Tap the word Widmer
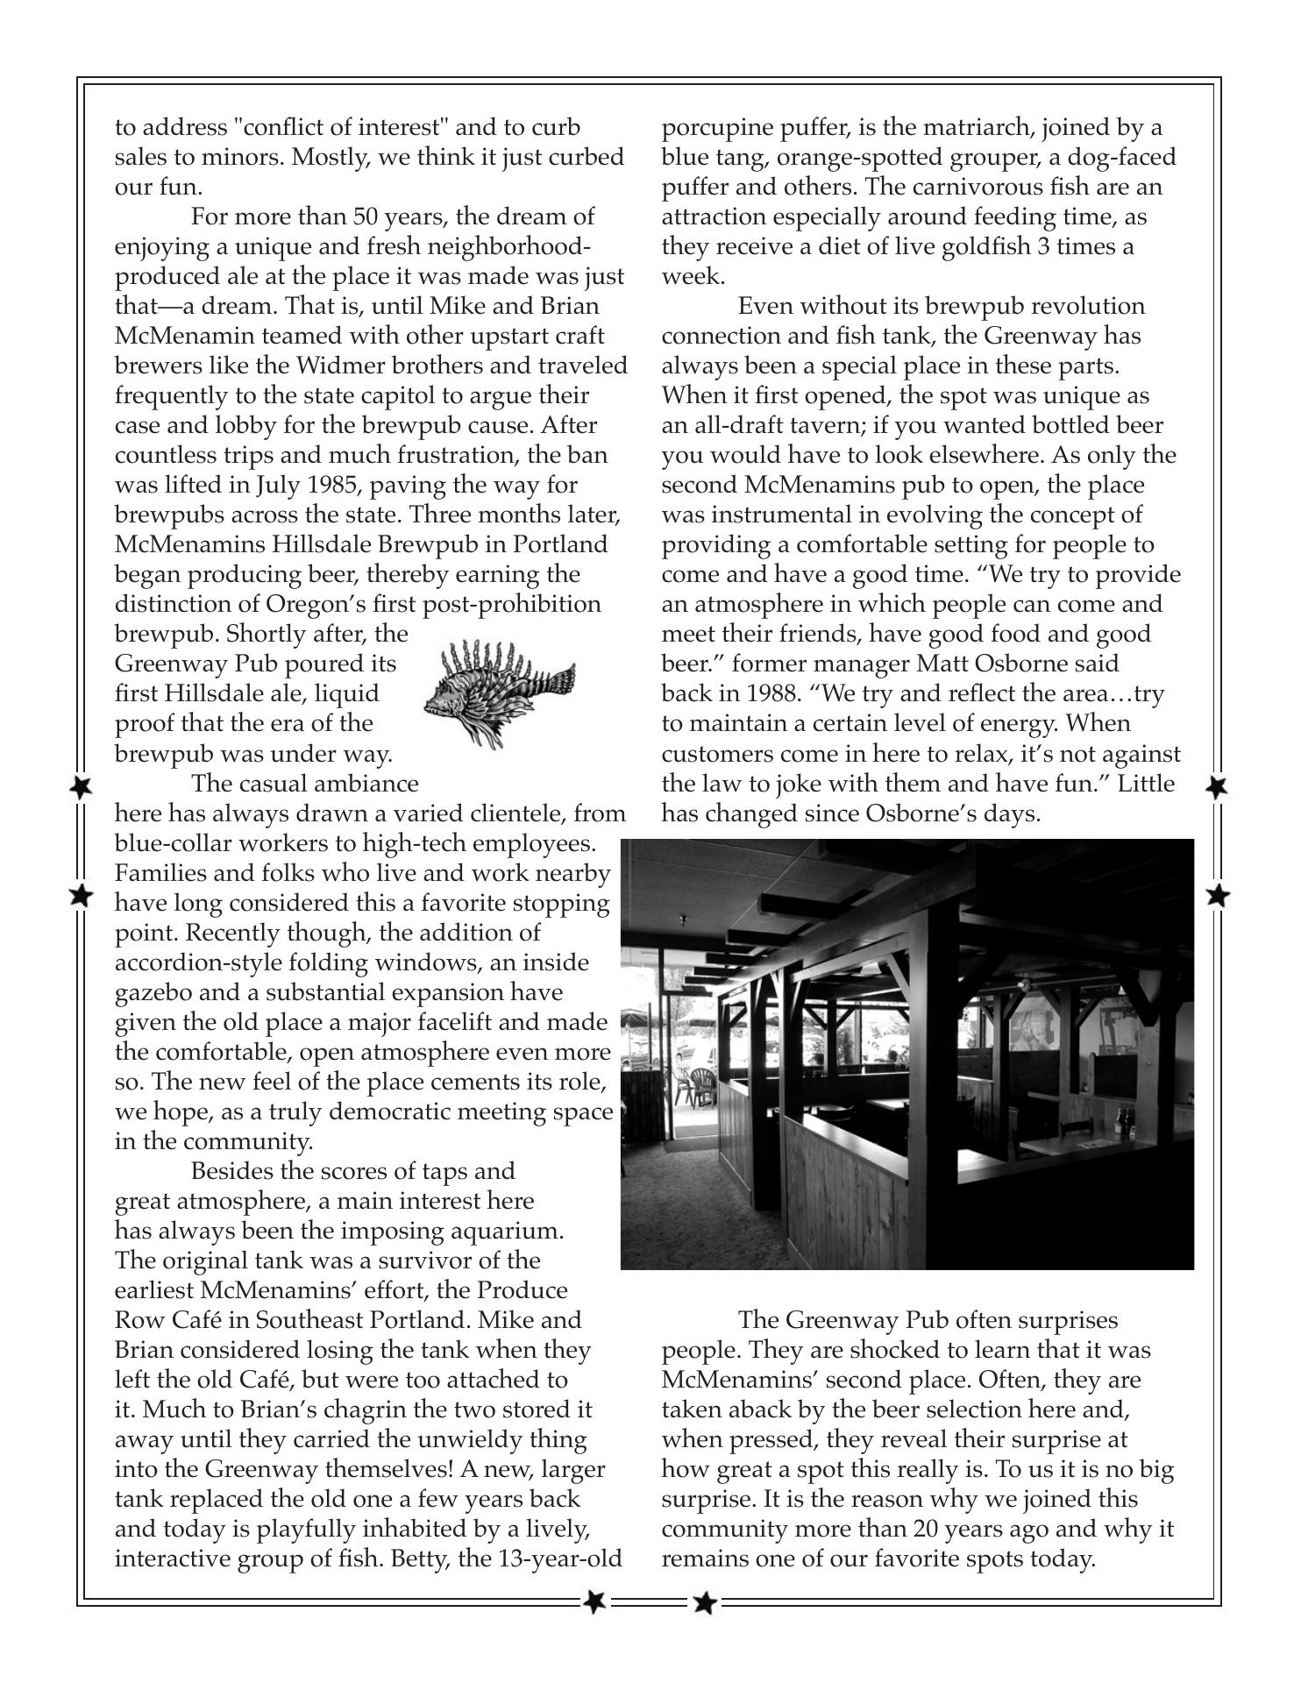(x=380, y=366)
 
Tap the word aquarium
(x=505, y=1232)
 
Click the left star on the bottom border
(x=594, y=1601)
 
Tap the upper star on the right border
(x=1217, y=786)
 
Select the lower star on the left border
(x=81, y=896)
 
